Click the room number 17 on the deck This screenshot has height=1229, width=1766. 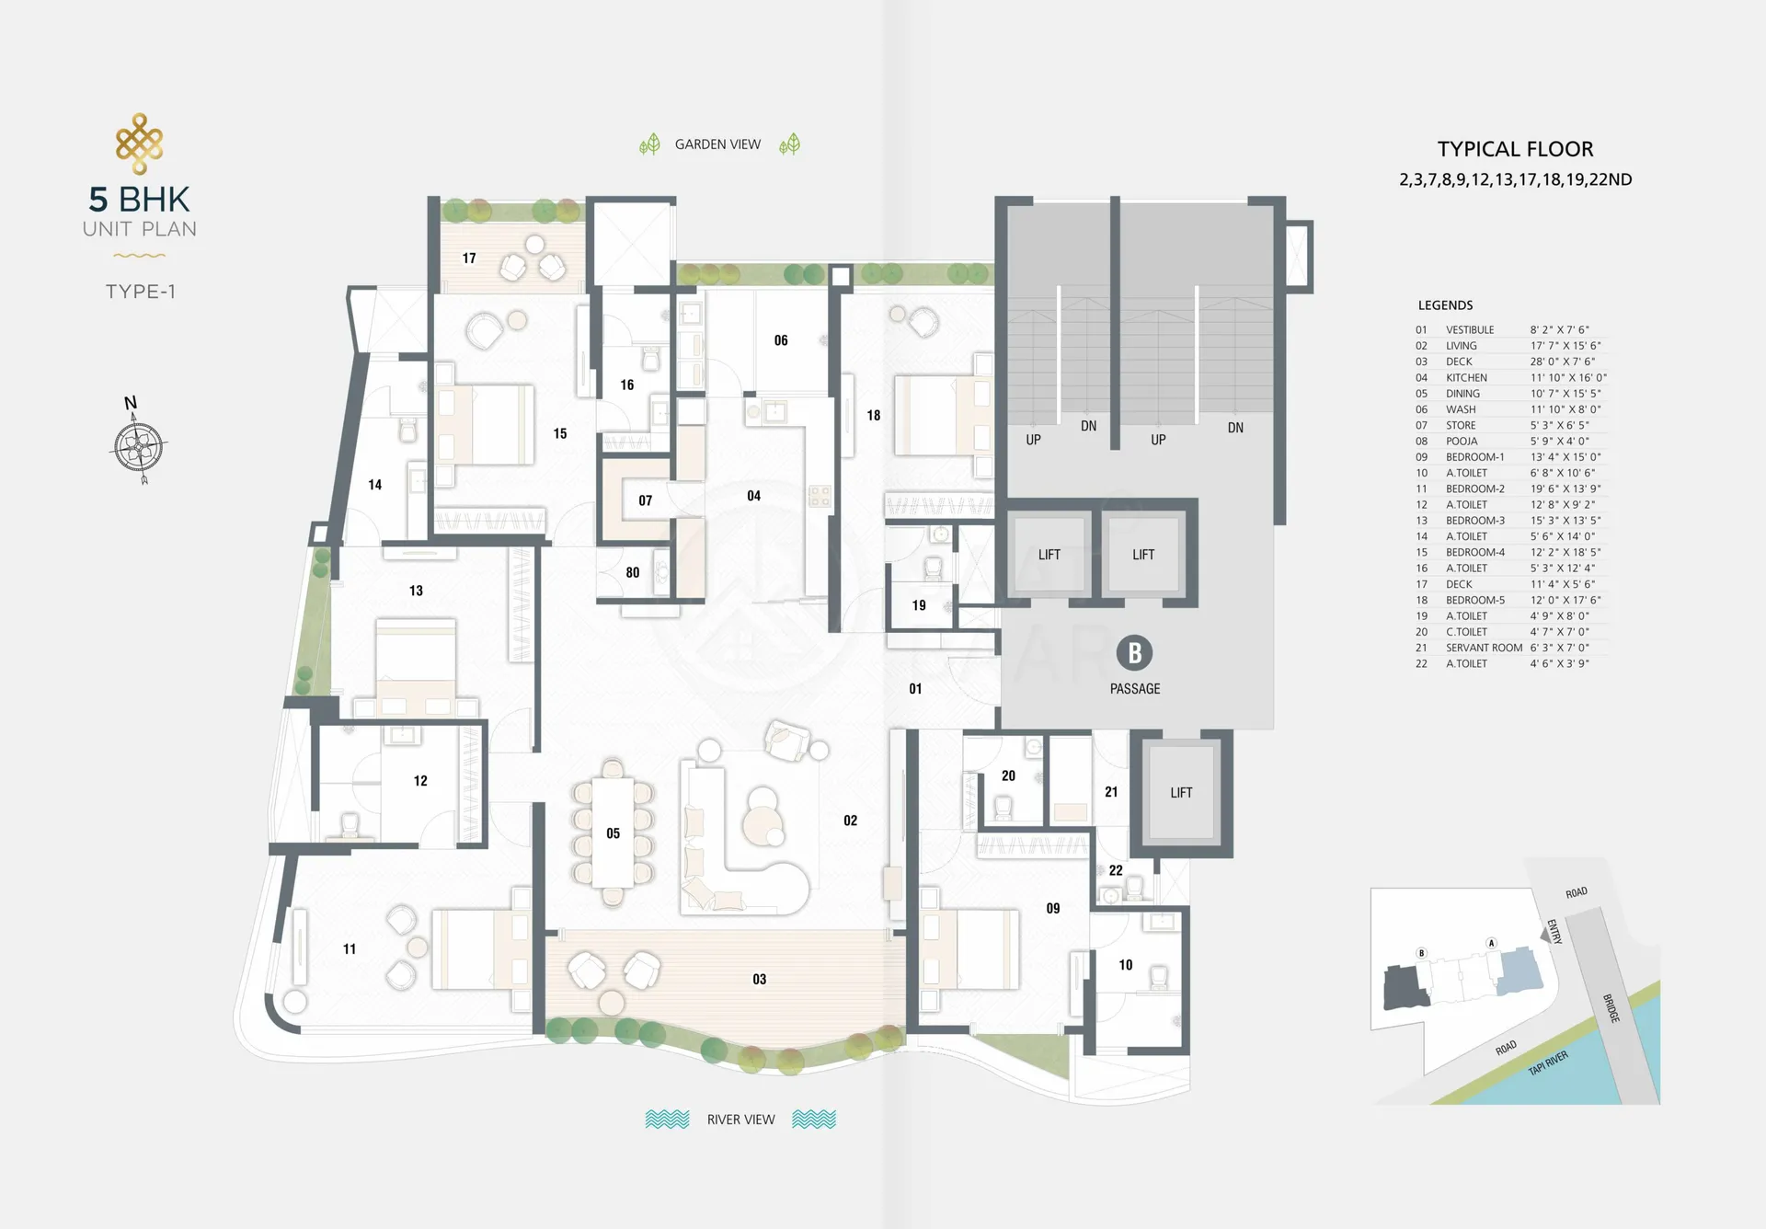coord(469,258)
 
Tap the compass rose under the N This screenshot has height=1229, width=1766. coord(140,448)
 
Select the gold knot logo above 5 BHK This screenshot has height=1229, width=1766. coord(140,144)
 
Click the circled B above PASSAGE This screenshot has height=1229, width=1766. coord(1134,653)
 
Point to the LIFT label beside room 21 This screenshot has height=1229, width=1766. coord(1181,793)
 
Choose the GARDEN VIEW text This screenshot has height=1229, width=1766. coord(717,144)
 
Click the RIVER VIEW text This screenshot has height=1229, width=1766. coord(740,1120)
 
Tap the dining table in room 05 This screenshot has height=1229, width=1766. coord(613,833)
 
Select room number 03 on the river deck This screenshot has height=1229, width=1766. coord(759,980)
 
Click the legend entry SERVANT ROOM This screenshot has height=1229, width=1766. coord(1484,648)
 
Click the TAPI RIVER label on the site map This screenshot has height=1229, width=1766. coord(1548,1063)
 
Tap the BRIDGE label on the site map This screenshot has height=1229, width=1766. coord(1611,1008)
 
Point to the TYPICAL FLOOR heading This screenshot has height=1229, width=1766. coord(1515,149)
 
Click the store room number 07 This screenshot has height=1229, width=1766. coord(645,501)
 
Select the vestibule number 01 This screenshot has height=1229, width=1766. coord(915,689)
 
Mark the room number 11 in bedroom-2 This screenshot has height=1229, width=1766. coord(350,949)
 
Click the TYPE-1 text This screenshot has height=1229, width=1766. coord(140,292)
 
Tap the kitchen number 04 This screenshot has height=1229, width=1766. coord(753,497)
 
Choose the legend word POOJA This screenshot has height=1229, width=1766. coord(1462,441)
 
